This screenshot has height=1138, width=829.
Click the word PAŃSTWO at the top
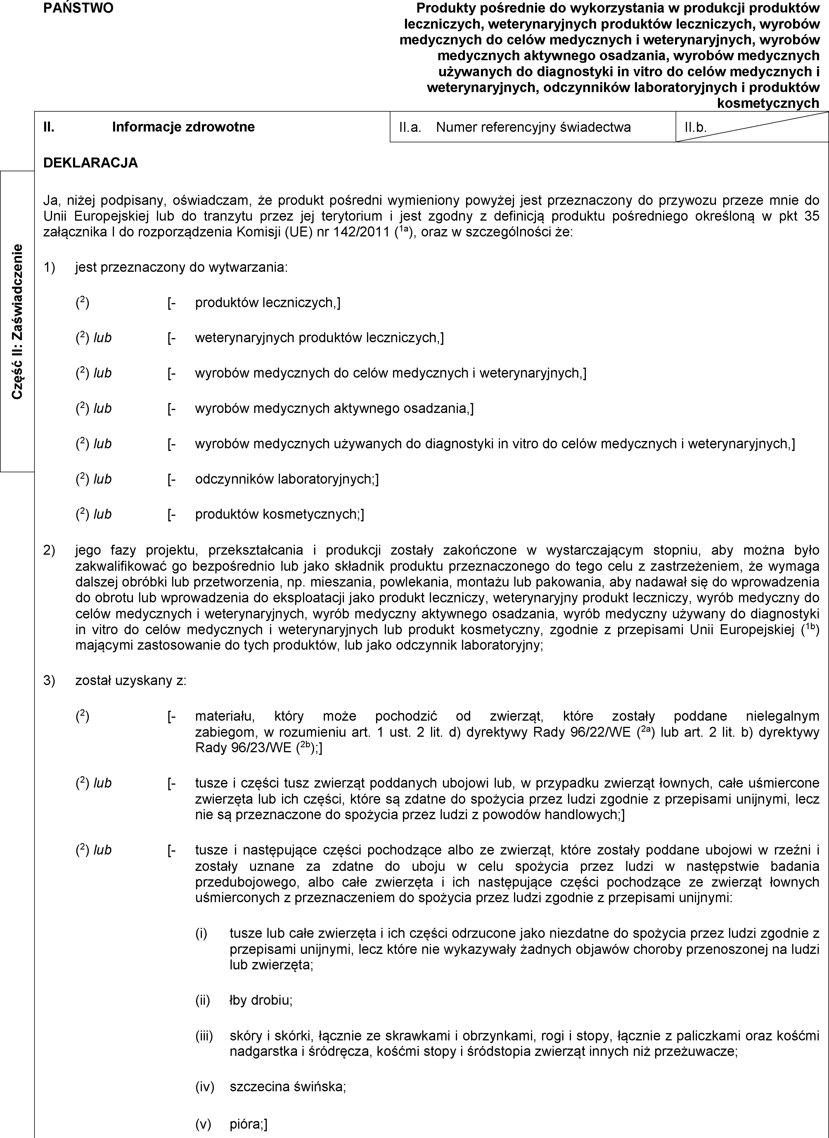[x=78, y=8]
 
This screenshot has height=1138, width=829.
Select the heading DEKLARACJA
[x=90, y=162]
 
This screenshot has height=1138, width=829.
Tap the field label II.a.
[x=409, y=127]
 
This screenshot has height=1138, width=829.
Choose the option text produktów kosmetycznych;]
[x=280, y=514]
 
